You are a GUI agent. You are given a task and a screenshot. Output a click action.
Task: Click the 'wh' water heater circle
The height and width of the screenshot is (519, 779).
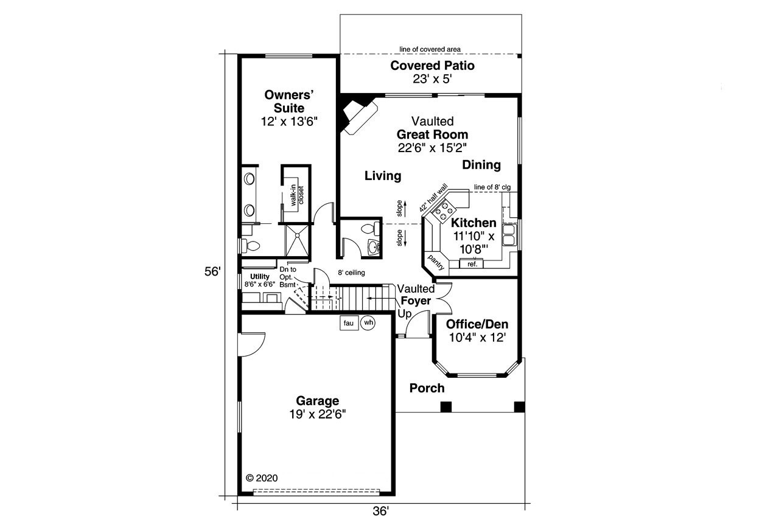click(x=368, y=323)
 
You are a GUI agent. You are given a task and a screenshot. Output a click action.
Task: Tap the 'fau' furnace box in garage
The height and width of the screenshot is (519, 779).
click(x=349, y=323)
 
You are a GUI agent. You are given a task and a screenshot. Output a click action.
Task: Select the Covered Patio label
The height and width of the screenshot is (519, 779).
click(x=432, y=66)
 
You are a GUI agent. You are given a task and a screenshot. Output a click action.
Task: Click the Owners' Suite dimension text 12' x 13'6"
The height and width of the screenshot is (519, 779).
click(x=289, y=122)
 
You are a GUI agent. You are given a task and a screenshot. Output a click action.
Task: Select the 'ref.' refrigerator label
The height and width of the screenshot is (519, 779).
click(x=472, y=263)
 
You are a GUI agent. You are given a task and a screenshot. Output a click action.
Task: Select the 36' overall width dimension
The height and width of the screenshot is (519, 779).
click(x=380, y=512)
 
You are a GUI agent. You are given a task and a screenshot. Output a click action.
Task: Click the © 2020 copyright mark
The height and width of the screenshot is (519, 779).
click(x=262, y=478)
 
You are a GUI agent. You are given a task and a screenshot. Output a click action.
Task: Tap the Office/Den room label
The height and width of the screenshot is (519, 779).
click(x=477, y=324)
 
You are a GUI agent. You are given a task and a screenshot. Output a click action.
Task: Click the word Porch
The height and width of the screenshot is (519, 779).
click(x=427, y=388)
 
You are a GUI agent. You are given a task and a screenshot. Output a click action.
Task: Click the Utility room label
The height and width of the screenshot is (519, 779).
click(x=259, y=276)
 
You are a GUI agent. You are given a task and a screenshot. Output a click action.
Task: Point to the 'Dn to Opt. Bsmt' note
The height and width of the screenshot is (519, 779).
click(x=288, y=277)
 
